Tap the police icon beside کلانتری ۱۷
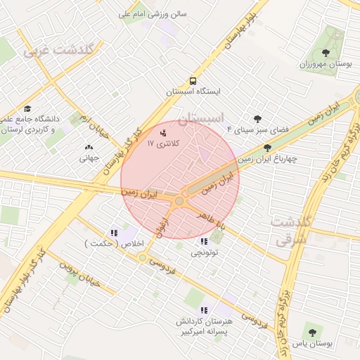coord(164,131)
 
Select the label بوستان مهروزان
coord(325,64)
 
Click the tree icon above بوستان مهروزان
coord(325,52)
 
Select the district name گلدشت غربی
coord(63,50)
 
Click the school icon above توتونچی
coord(204,242)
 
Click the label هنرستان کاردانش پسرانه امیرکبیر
coord(204,325)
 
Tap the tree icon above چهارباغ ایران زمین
coord(267,148)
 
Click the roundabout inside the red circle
coord(179,201)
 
